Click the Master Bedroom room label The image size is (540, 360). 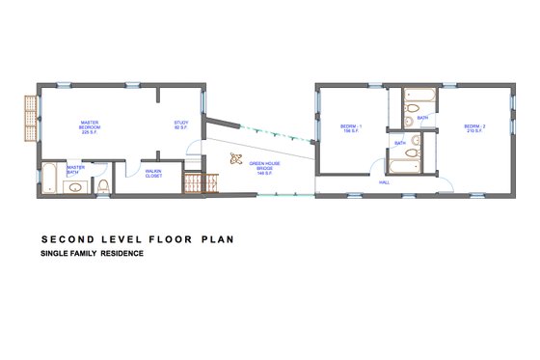91,126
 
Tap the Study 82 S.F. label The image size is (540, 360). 180,125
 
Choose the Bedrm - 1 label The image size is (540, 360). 350,128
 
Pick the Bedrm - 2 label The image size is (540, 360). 473,128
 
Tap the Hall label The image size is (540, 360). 384,180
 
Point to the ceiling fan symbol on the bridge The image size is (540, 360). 235,160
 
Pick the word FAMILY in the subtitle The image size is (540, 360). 82,254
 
